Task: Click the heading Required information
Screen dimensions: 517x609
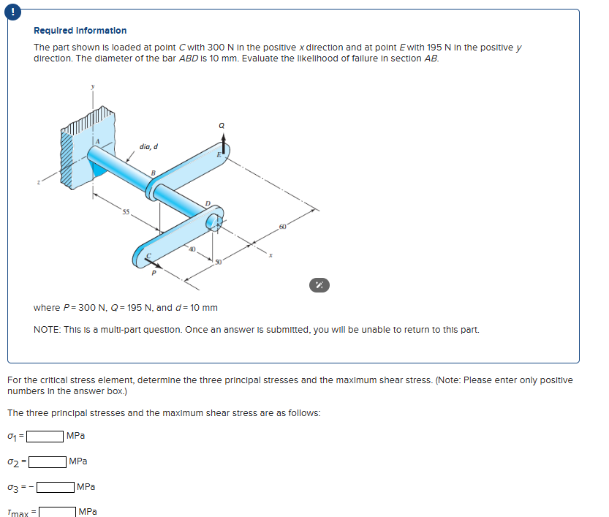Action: [80, 31]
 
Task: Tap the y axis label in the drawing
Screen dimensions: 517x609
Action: [93, 85]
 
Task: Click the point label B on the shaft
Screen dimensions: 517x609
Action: [152, 173]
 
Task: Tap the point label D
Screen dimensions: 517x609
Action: [207, 203]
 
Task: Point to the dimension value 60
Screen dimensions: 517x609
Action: [282, 228]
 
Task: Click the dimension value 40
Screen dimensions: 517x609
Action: [192, 250]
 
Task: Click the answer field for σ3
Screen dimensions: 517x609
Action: [56, 487]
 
